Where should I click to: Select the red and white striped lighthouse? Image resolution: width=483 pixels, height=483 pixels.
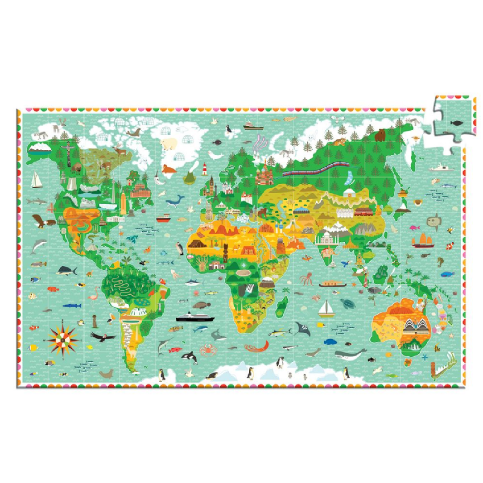click(205, 169)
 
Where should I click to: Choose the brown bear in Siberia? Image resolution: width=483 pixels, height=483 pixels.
click(380, 135)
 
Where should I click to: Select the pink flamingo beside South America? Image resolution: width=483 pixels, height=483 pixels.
click(93, 297)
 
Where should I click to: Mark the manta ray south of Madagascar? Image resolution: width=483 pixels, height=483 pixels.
click(303, 328)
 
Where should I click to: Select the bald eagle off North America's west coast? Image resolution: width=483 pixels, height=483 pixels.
click(42, 221)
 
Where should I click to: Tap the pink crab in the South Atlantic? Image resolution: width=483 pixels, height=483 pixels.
click(208, 349)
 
